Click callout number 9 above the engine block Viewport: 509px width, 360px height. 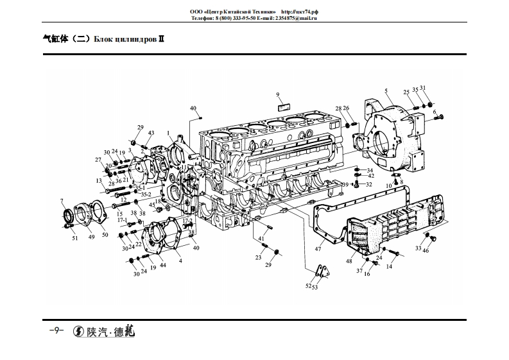tap(279, 95)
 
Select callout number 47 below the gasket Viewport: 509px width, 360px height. tap(318, 248)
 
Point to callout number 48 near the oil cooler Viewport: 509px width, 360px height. tap(349, 261)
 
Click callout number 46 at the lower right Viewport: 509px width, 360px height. tap(426, 250)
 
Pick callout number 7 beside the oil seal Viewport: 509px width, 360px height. tap(62, 201)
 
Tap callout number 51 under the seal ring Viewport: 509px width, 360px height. tap(74, 238)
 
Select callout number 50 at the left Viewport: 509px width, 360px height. tap(105, 235)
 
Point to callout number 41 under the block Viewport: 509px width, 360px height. tap(262, 239)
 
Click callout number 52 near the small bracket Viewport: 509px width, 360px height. tap(309, 286)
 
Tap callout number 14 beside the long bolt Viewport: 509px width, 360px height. tap(389, 266)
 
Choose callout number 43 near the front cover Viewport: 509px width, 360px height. tap(151, 133)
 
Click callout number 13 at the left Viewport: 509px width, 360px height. tap(100, 182)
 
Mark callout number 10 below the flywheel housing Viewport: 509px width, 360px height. tap(389, 185)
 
